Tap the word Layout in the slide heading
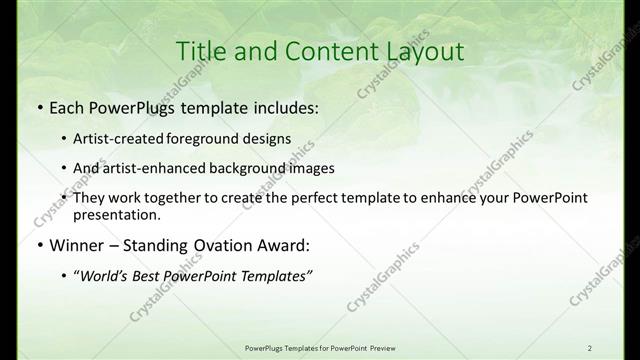(421, 50)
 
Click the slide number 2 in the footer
(618, 348)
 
